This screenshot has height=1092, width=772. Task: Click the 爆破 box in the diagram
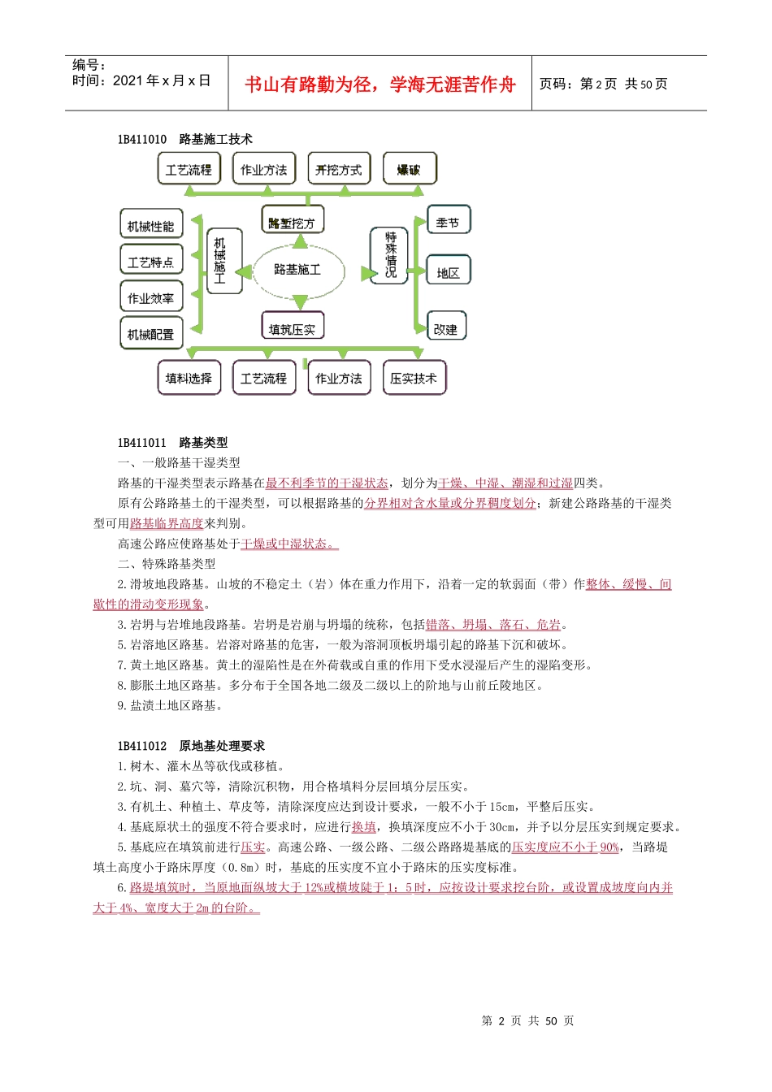tap(410, 169)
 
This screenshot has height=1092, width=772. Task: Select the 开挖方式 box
tap(339, 169)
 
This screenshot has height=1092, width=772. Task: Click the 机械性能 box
tap(151, 225)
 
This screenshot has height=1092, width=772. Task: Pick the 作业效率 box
tap(151, 297)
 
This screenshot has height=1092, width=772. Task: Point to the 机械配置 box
tap(151, 333)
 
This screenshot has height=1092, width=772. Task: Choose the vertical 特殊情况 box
tap(390, 254)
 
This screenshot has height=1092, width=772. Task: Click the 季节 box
tap(448, 222)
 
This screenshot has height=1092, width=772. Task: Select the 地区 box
tap(448, 272)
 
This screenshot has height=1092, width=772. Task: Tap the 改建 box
tap(446, 327)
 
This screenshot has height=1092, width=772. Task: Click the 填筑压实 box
tap(293, 328)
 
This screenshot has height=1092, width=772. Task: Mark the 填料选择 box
tap(189, 378)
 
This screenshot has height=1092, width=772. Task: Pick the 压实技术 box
tap(414, 378)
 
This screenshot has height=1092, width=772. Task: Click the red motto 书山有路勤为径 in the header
tap(380, 84)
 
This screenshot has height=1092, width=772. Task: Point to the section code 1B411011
tap(142, 443)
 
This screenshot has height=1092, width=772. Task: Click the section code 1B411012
tap(142, 746)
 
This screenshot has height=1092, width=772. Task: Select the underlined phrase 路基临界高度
tap(167, 524)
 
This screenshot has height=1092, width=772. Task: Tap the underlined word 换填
tap(363, 827)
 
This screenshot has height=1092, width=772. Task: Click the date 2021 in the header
tap(128, 80)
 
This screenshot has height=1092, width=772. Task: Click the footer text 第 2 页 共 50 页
tap(527, 1020)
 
